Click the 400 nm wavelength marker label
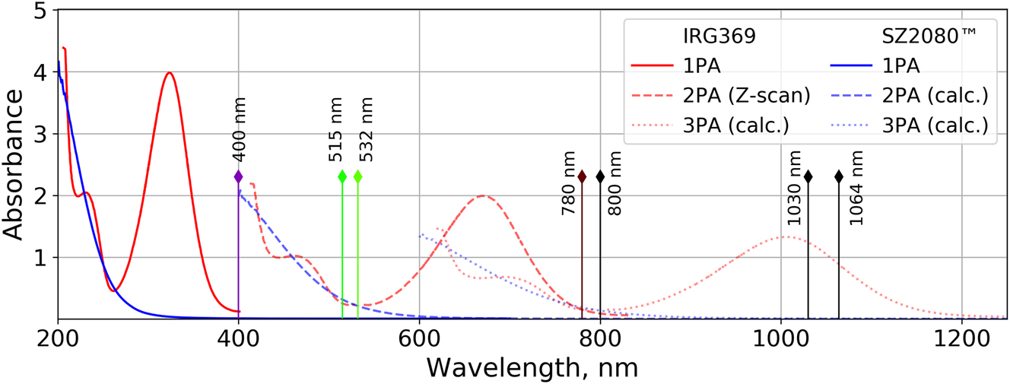pyautogui.click(x=238, y=139)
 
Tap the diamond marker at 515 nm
pyautogui.click(x=342, y=176)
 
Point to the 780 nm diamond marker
pyautogui.click(x=582, y=176)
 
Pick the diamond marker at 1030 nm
pyautogui.click(x=808, y=176)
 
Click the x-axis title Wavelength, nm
pyautogui.click(x=532, y=367)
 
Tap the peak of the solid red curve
pyautogui.click(x=170, y=73)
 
